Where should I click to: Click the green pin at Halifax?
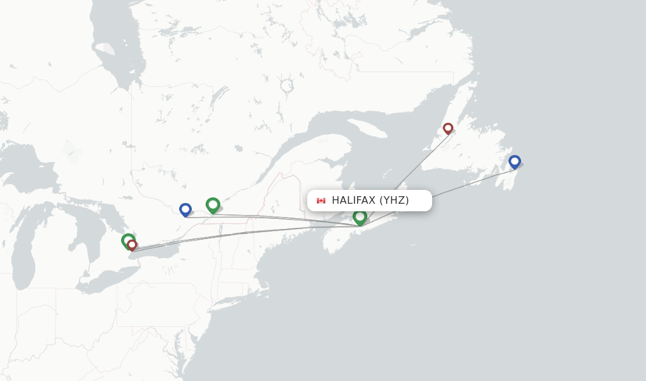[x=360, y=217]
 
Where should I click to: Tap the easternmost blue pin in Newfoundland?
[x=515, y=161]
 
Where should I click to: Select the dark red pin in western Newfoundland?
[x=448, y=128]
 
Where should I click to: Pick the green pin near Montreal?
[x=213, y=204]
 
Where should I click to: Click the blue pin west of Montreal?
[x=185, y=209]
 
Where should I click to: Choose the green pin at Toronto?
[x=127, y=240]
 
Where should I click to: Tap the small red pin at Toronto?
[x=132, y=245]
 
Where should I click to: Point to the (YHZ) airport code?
[x=394, y=201]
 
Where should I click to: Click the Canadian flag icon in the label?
[x=321, y=201]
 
